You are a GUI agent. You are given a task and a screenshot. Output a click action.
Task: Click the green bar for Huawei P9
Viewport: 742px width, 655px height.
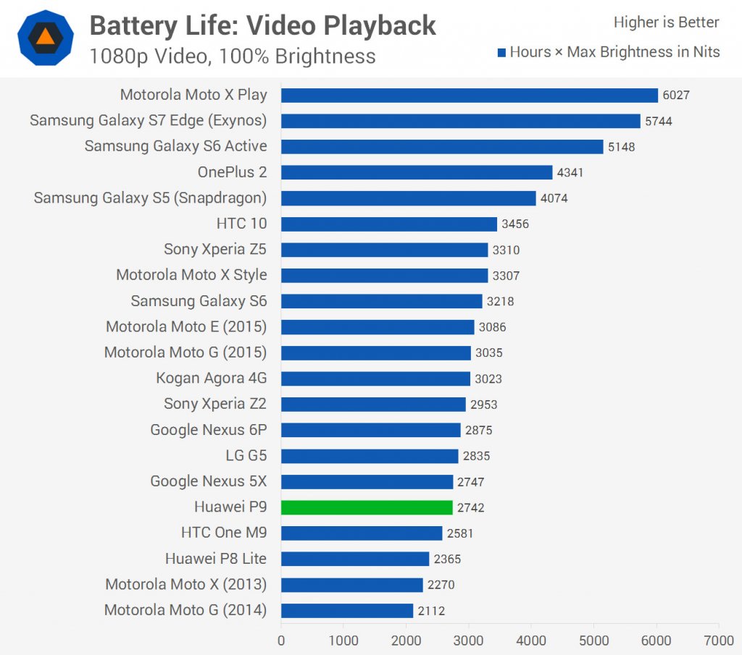click(x=367, y=507)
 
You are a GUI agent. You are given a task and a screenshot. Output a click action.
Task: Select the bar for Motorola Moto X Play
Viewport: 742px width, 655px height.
click(x=469, y=95)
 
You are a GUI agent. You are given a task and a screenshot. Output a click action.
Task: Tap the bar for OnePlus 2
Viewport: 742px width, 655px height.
click(x=417, y=172)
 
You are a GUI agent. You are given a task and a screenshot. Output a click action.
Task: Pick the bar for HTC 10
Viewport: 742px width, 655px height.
click(x=388, y=224)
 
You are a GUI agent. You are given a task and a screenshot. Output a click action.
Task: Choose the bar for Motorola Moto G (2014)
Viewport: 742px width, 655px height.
click(x=346, y=611)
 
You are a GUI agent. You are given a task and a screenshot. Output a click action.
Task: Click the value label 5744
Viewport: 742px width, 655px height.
click(x=659, y=121)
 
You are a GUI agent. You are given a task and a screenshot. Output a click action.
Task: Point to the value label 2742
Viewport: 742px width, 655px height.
click(x=471, y=508)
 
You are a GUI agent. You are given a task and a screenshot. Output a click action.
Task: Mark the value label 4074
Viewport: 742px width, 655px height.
click(x=554, y=198)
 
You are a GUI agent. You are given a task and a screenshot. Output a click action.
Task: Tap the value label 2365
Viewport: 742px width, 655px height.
click(x=447, y=559)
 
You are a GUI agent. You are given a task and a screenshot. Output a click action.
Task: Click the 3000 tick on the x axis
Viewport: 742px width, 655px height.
click(x=468, y=641)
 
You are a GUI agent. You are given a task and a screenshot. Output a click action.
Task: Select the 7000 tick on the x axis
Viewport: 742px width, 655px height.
click(x=718, y=641)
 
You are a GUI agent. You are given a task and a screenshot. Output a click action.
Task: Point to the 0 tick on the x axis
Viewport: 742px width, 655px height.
click(x=281, y=641)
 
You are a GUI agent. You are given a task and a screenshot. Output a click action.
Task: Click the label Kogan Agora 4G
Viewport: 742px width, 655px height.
click(x=211, y=379)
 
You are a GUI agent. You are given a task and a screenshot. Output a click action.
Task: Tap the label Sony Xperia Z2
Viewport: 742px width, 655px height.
click(x=215, y=404)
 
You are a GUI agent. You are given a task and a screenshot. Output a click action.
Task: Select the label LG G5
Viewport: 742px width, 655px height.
click(x=246, y=456)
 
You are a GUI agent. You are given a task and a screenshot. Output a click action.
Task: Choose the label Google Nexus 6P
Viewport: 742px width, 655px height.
click(x=208, y=430)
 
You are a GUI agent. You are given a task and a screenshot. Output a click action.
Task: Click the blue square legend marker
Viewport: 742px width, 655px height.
click(x=501, y=52)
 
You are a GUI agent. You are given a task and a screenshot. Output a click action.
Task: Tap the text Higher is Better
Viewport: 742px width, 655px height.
click(x=666, y=22)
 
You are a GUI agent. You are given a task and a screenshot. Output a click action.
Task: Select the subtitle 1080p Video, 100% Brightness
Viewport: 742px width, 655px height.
click(x=233, y=56)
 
